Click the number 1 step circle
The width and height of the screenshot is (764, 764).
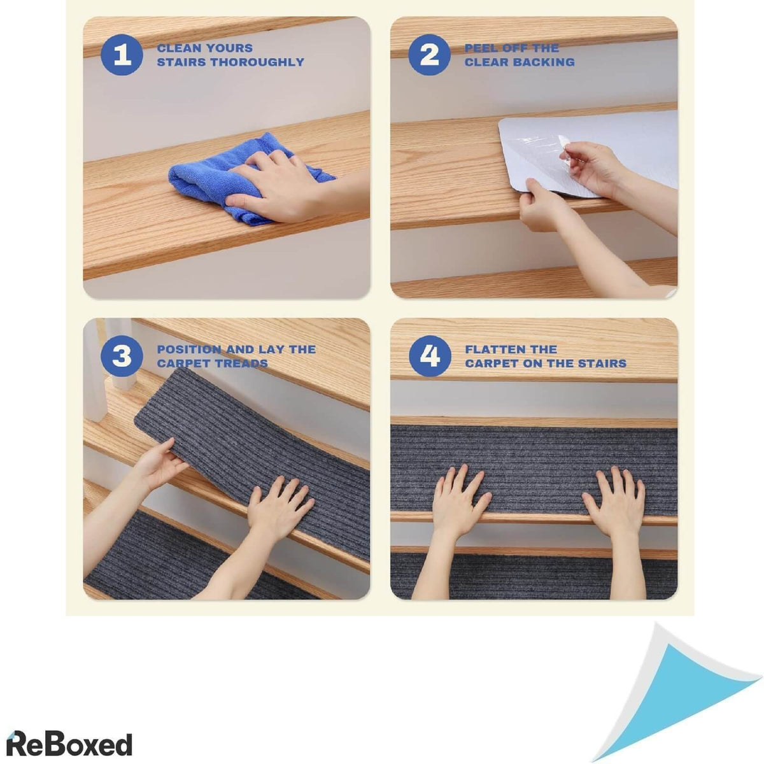pyautogui.click(x=122, y=55)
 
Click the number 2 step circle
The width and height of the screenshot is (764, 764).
pyautogui.click(x=429, y=55)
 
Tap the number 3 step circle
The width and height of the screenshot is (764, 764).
pyautogui.click(x=122, y=356)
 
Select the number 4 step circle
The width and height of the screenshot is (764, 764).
pyautogui.click(x=430, y=356)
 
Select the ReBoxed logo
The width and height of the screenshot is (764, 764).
pyautogui.click(x=69, y=733)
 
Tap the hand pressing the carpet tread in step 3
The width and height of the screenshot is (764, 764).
pyautogui.click(x=279, y=511)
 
